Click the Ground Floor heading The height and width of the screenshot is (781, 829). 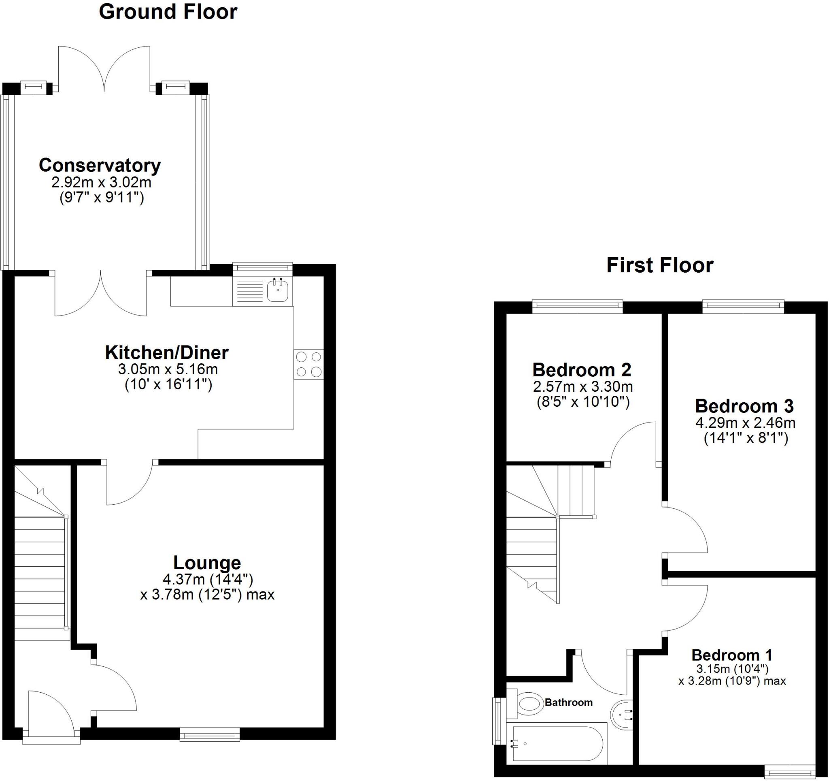tap(168, 12)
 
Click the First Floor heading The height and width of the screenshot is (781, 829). tap(660, 265)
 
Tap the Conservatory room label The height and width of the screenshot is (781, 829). tap(100, 165)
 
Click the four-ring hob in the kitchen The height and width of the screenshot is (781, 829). tap(308, 364)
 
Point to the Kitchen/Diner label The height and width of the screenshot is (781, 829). tap(166, 352)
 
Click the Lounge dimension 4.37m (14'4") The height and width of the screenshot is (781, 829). tap(208, 579)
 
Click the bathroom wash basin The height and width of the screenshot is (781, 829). tap(622, 715)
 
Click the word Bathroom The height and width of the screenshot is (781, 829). tap(568, 702)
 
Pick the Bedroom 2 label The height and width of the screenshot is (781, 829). tap(582, 370)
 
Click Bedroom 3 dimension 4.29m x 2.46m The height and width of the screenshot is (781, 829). tap(745, 423)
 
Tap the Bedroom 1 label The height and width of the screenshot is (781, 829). tap(732, 655)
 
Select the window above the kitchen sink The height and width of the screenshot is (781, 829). tap(263, 269)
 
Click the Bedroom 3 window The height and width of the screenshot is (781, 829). tap(743, 307)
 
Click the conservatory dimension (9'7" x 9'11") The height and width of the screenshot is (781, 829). tap(102, 197)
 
